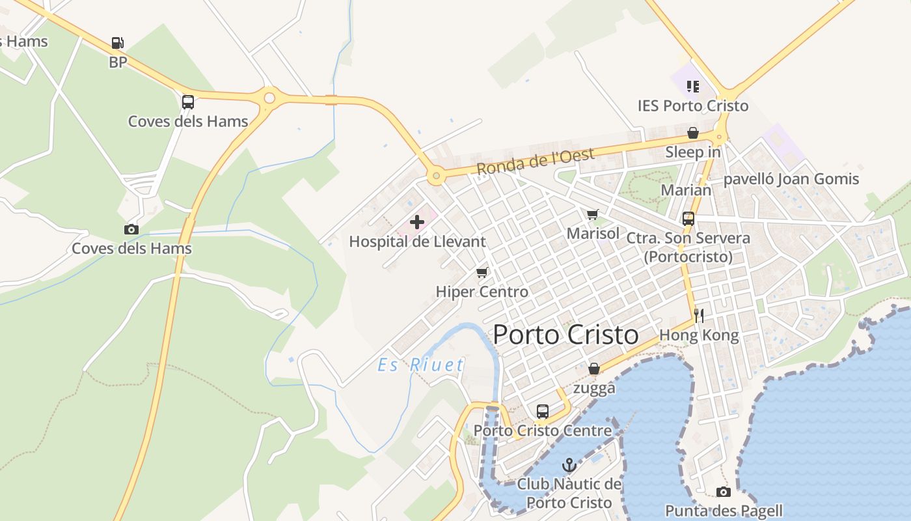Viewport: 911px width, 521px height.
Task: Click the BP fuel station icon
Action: click(x=117, y=43)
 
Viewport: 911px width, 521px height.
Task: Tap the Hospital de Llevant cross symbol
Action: click(x=417, y=222)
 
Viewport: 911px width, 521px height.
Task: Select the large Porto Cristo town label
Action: click(x=565, y=335)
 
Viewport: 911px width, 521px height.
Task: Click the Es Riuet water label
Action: click(x=421, y=365)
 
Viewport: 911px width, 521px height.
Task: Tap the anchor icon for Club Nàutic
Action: click(x=569, y=465)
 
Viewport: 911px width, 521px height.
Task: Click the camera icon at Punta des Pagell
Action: click(x=723, y=492)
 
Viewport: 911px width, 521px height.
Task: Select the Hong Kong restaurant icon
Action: click(x=699, y=316)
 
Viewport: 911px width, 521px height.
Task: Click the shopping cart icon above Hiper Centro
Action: click(x=482, y=272)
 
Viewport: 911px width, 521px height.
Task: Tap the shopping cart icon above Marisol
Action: click(x=592, y=214)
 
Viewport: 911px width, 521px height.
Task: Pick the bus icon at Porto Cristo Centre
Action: click(x=542, y=412)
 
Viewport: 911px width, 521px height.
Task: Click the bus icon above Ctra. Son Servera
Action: click(x=688, y=219)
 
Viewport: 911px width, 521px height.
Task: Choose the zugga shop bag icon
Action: click(x=593, y=369)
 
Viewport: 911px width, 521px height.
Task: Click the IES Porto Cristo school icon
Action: click(x=692, y=86)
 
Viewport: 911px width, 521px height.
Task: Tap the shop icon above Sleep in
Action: click(x=693, y=133)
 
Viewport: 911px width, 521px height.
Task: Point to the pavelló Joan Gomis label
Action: click(x=791, y=179)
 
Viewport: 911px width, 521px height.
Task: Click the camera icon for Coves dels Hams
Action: click(x=131, y=229)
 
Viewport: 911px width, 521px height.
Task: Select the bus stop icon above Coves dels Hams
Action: click(x=188, y=102)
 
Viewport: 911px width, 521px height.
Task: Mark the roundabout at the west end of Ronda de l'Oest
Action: click(x=435, y=176)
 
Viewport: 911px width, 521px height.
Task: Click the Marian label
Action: click(x=686, y=190)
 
